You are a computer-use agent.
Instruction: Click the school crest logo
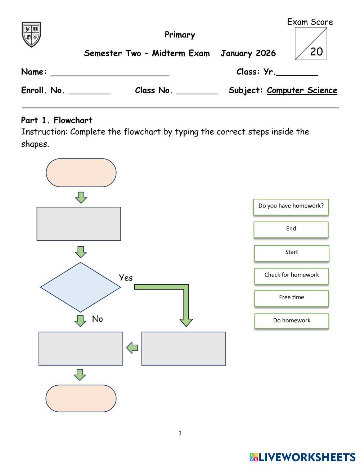(x=31, y=34)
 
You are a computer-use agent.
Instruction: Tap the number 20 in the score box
(x=316, y=51)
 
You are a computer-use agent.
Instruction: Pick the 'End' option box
(x=291, y=229)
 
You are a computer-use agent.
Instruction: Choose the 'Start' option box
(x=291, y=253)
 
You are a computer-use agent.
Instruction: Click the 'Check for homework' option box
(x=291, y=275)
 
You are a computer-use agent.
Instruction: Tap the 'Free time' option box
(x=291, y=298)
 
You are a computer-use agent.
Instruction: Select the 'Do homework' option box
(x=291, y=321)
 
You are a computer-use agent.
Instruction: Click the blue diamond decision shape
(x=80, y=287)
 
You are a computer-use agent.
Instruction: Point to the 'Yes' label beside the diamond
(x=126, y=278)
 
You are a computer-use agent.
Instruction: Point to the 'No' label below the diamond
(x=97, y=319)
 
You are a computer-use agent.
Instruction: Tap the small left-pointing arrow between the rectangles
(x=132, y=348)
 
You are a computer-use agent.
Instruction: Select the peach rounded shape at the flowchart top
(x=81, y=172)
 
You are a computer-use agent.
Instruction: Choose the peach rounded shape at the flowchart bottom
(x=81, y=398)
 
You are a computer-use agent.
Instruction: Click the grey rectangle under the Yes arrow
(x=184, y=349)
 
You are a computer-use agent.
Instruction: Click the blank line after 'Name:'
(x=110, y=73)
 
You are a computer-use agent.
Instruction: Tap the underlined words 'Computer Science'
(x=302, y=90)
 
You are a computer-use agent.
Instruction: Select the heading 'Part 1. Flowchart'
(x=57, y=120)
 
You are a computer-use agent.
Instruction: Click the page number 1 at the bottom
(x=180, y=433)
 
